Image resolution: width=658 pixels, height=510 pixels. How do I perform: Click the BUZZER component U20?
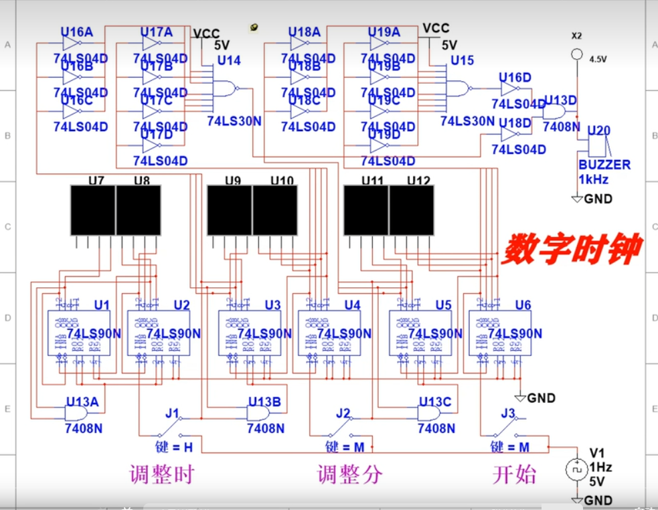(x=598, y=145)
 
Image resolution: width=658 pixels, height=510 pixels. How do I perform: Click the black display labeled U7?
(x=93, y=210)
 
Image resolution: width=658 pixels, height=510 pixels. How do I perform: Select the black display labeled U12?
(x=411, y=210)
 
